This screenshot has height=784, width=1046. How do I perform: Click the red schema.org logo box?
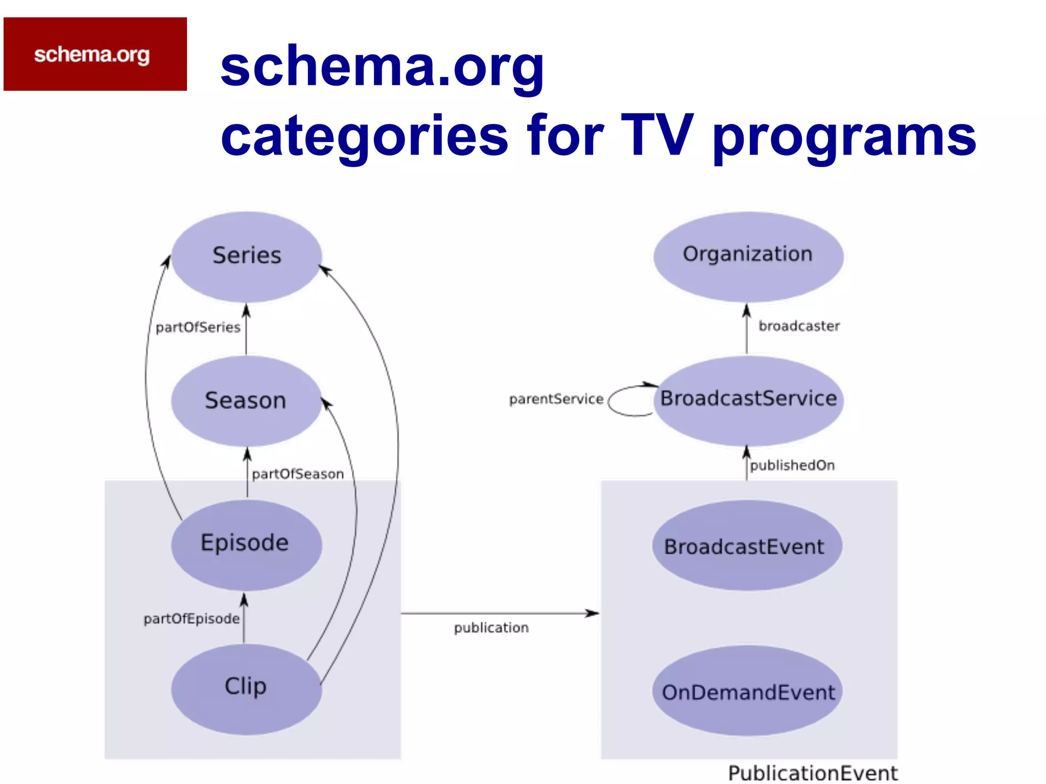tap(95, 54)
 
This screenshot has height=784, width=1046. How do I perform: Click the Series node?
tap(247, 256)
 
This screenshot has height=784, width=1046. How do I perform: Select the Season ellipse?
tap(246, 401)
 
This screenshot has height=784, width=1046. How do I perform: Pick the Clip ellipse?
tap(246, 688)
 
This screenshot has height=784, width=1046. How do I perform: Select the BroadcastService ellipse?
tap(749, 400)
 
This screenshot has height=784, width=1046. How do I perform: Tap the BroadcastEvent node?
tap(746, 546)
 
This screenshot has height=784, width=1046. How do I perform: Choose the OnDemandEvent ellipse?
tap(748, 691)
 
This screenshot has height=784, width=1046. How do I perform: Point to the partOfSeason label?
tap(298, 474)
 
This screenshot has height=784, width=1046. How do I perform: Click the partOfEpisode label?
tap(192, 619)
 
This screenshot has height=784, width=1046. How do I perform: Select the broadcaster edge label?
tap(799, 326)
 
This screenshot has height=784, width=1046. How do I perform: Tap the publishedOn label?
tap(792, 465)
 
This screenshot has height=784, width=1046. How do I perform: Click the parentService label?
tap(556, 399)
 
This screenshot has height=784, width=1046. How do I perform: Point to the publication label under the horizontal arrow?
tap(491, 628)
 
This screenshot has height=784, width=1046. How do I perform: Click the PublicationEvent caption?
tap(812, 773)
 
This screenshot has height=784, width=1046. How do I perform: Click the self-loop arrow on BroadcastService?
tap(613, 401)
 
